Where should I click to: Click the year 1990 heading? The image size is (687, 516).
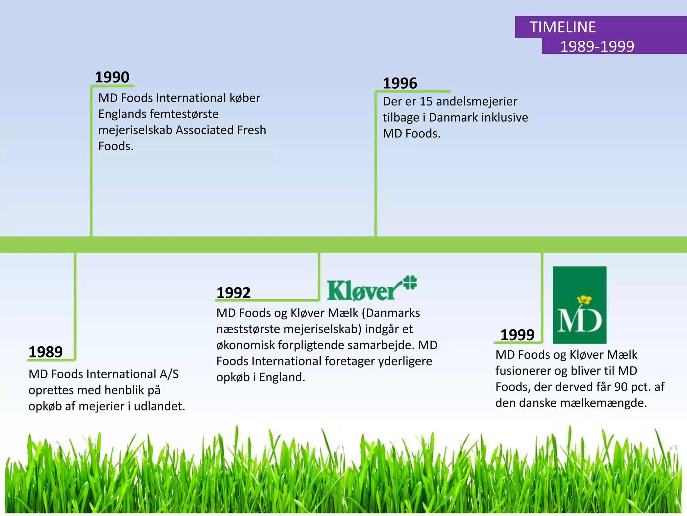[112, 77]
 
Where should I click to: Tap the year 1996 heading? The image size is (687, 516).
[400, 83]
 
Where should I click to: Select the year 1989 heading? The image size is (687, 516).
[46, 352]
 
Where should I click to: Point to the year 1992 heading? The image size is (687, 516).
[233, 293]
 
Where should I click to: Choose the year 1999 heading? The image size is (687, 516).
[517, 335]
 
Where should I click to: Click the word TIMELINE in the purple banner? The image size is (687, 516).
[563, 27]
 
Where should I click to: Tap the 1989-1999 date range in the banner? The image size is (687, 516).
[597, 46]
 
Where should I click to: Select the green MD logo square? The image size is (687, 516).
[579, 305]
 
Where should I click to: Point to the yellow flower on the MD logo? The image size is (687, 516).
[584, 299]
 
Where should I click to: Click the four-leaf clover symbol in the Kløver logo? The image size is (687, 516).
[410, 282]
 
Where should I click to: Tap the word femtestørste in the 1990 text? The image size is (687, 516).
[184, 114]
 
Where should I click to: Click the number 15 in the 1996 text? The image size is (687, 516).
[426, 101]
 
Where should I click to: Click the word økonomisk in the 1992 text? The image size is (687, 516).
[246, 345]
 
